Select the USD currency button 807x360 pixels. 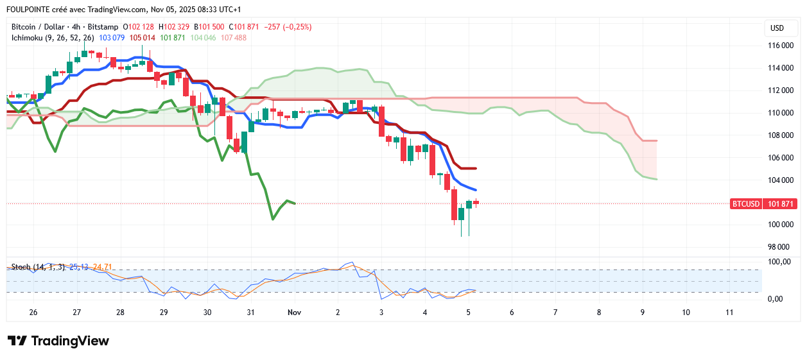[x=777, y=28]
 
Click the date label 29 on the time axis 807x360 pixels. [x=164, y=313]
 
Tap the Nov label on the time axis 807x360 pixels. [x=295, y=313]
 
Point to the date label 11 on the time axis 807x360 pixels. [x=729, y=313]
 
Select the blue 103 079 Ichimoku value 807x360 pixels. [x=112, y=38]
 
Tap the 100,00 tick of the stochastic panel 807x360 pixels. [x=780, y=262]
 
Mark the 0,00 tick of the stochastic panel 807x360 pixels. [x=777, y=299]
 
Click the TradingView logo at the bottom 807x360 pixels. [x=58, y=341]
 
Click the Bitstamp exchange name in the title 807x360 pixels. [x=103, y=27]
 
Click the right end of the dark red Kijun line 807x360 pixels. [x=475, y=168]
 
